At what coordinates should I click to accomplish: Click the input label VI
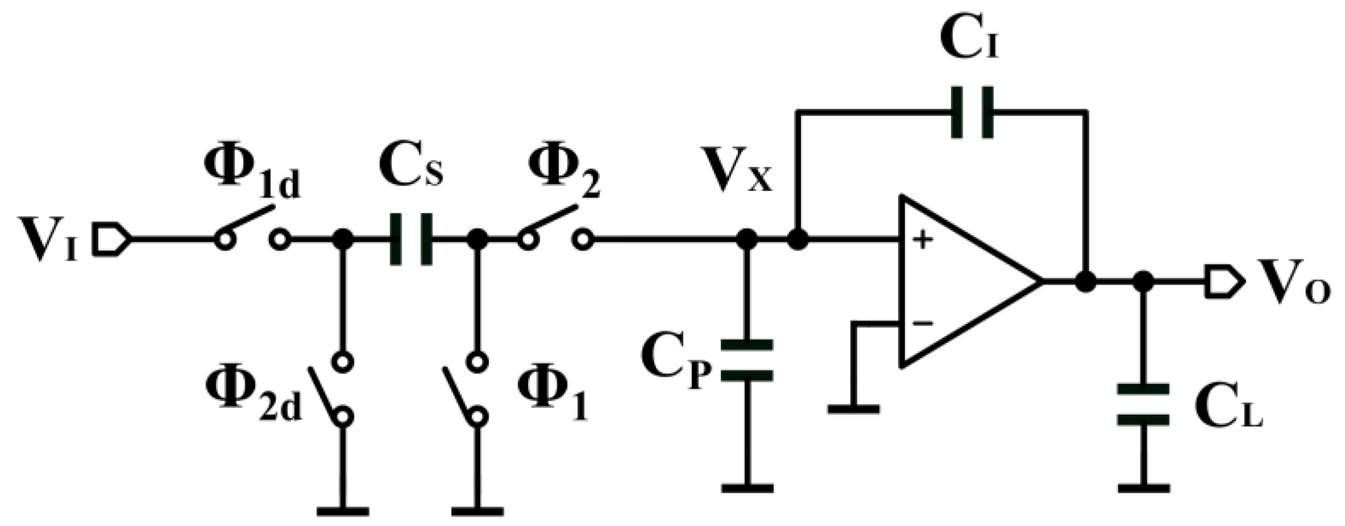point(48,239)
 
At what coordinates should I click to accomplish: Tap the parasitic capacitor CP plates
point(747,360)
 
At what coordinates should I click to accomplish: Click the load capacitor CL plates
point(1143,404)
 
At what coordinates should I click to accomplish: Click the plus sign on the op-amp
point(924,239)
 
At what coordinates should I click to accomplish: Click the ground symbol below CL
point(1143,488)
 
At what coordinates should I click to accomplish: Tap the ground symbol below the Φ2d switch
point(342,511)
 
